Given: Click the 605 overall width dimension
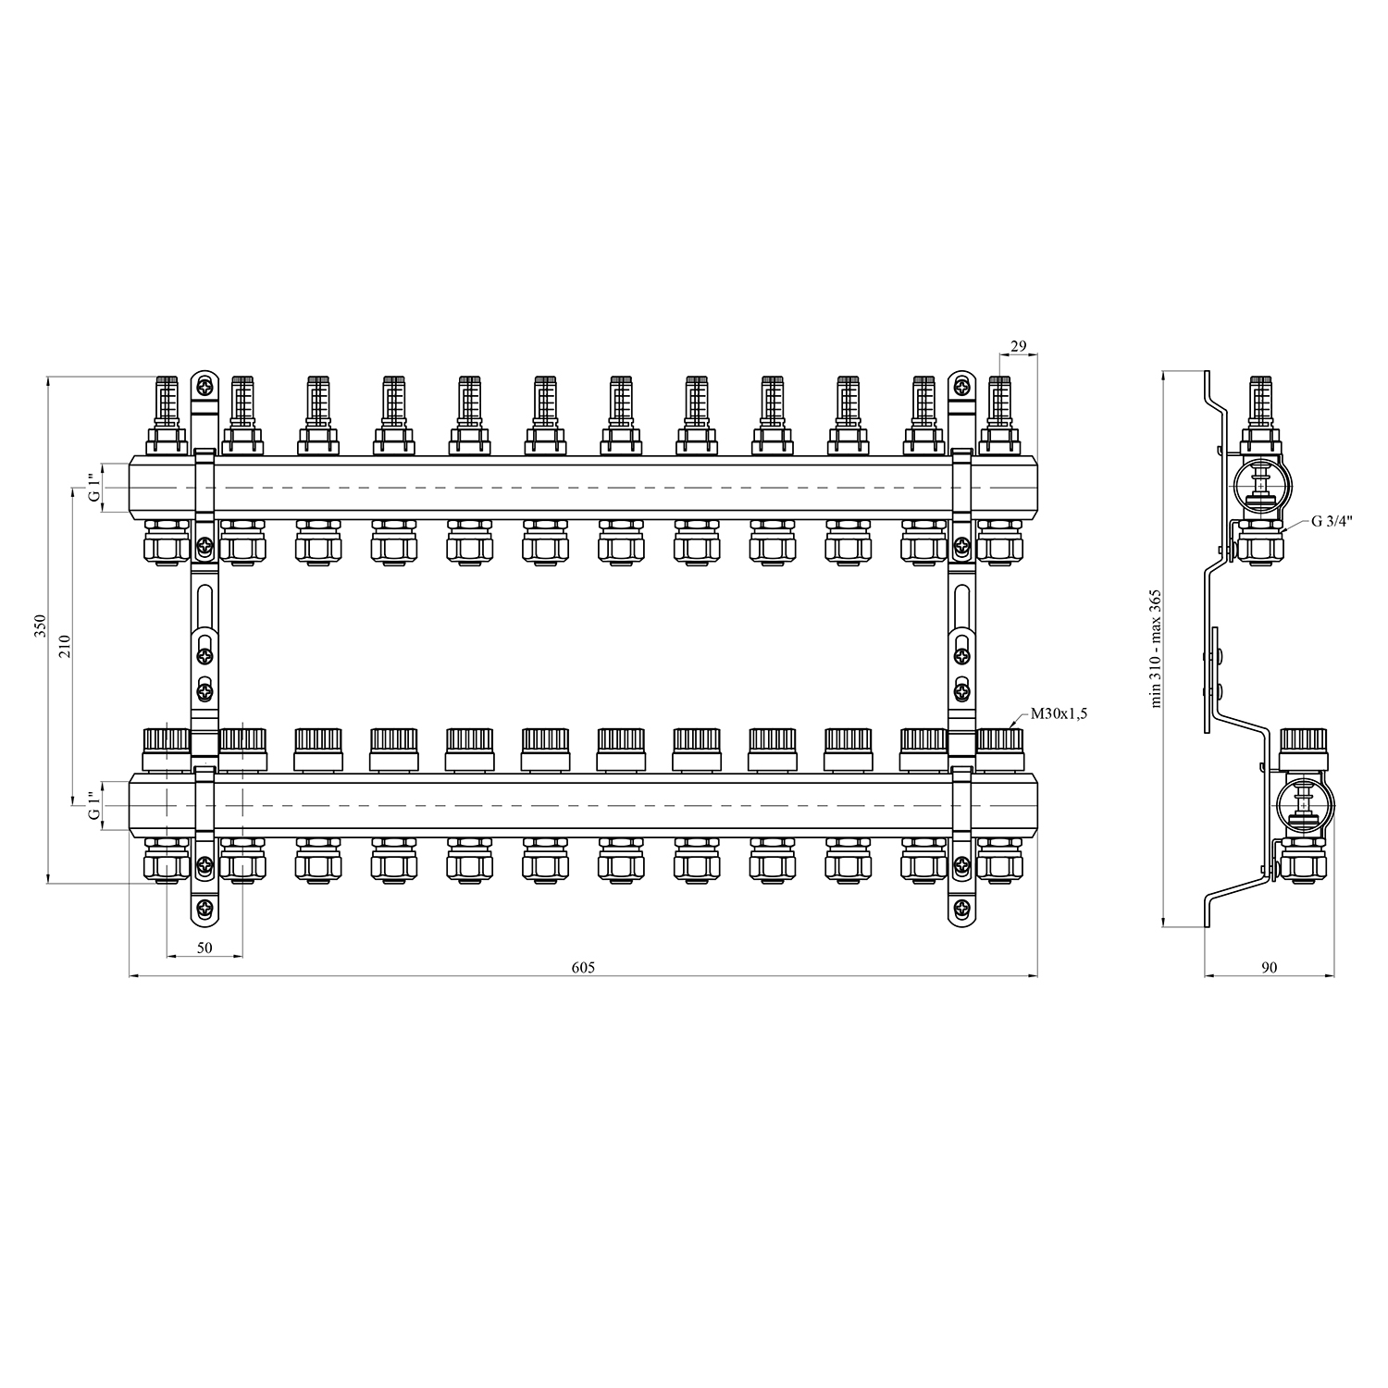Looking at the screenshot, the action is [x=583, y=968].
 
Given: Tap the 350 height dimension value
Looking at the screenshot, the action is [x=39, y=627].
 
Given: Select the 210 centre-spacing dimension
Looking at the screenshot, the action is [x=65, y=645].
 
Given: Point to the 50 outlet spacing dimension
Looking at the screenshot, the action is [x=204, y=948].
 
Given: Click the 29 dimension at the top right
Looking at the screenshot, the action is [x=1018, y=346].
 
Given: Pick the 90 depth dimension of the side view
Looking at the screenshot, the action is [x=1269, y=968].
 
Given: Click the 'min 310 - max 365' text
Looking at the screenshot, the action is [x=1156, y=649].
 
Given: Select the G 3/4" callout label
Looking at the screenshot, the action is [x=1332, y=521].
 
